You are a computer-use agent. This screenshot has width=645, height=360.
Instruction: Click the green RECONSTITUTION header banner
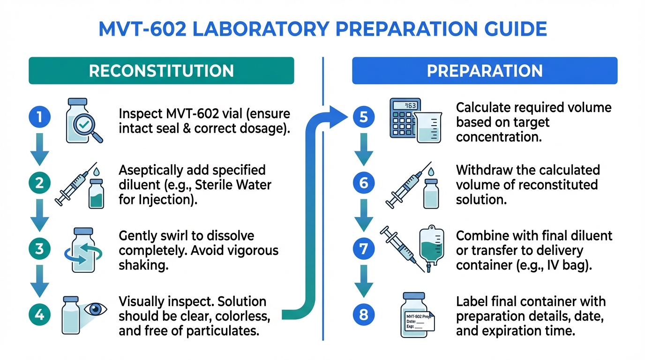point(161,71)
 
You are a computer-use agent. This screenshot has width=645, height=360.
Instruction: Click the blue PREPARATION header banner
point(485,71)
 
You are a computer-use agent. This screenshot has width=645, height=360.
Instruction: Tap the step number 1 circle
point(40,117)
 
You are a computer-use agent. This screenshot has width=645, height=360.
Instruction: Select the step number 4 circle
point(40,315)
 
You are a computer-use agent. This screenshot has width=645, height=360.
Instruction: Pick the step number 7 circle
point(364,249)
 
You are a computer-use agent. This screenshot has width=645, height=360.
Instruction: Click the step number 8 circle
point(364,315)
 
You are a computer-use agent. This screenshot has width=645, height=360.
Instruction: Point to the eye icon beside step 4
point(95,309)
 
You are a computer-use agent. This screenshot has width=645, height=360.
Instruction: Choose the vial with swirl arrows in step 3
point(83,250)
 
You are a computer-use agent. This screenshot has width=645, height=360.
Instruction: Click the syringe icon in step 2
point(75,184)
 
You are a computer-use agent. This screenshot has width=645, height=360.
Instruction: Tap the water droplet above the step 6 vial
point(431,172)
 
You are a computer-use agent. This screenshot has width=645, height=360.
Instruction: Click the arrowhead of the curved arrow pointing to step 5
point(338,117)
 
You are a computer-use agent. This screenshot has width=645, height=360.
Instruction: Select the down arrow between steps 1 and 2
point(40,149)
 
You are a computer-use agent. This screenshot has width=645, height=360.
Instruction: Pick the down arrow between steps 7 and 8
point(364,281)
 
